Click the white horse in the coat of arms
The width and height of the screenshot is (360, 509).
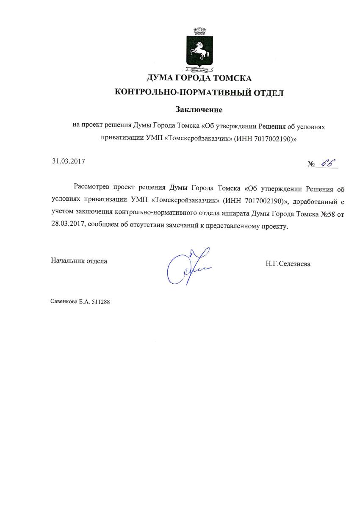[x=198, y=52]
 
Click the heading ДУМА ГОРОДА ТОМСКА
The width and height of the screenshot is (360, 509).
[x=199, y=78]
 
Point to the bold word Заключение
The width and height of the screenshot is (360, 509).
[x=199, y=110]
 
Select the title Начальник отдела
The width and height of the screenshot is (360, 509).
[x=79, y=261]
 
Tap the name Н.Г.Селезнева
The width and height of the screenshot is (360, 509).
[x=288, y=264]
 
